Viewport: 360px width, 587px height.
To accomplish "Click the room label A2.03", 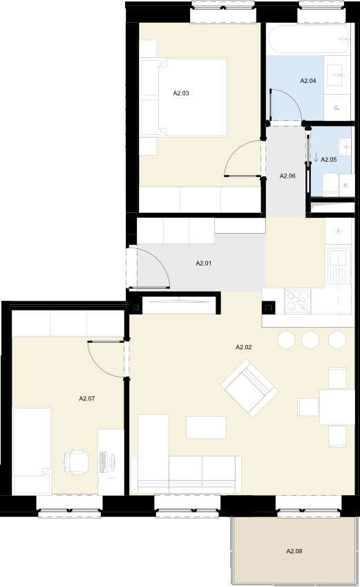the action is [x=181, y=93].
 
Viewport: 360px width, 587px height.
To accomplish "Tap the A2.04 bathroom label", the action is [x=308, y=80].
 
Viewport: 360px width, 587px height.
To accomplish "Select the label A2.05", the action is [x=329, y=160].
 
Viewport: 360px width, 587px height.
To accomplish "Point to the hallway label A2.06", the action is [x=287, y=176].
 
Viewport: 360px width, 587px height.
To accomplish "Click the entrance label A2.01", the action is [x=204, y=263].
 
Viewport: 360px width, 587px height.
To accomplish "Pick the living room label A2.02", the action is [x=244, y=347].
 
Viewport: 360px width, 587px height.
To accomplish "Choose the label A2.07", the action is [x=87, y=399].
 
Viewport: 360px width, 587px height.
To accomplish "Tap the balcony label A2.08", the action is [x=294, y=551].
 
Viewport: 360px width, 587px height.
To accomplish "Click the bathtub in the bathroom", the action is [x=310, y=39].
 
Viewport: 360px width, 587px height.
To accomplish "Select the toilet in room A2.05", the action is [x=331, y=185].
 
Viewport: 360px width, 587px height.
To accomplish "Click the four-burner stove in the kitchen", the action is [x=298, y=301].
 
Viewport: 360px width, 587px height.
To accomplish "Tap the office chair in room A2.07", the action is [x=76, y=463].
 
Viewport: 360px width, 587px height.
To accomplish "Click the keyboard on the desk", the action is [x=103, y=462].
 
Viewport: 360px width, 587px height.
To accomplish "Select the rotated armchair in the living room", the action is [x=249, y=388].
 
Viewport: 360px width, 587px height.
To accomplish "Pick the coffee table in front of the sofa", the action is [x=206, y=427].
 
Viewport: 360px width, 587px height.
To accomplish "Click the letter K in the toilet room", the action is [x=345, y=185].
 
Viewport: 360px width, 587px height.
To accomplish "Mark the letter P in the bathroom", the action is [x=337, y=108].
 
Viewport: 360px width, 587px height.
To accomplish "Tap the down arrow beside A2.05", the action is [x=316, y=157].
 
